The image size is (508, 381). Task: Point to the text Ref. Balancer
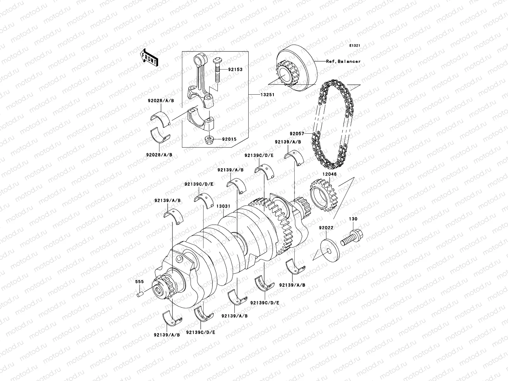pos(343,61)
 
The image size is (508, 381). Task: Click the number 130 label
pos(353,219)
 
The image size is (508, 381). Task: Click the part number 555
pos(140,282)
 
